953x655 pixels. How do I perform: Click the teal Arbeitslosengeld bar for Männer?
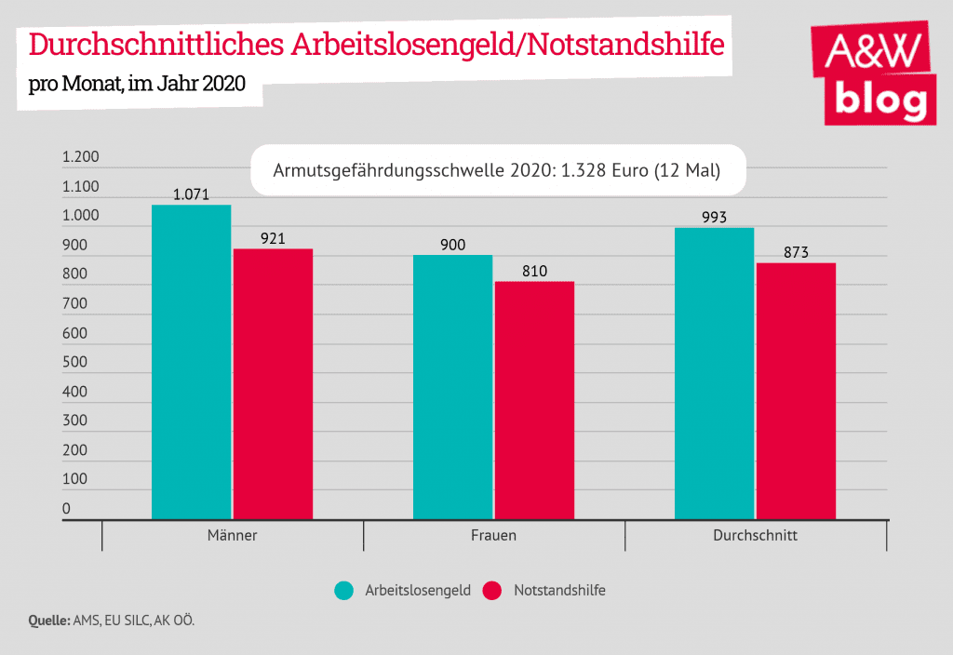(x=192, y=362)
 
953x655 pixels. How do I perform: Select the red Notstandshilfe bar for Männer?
(x=273, y=384)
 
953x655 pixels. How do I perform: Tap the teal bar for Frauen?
(x=453, y=387)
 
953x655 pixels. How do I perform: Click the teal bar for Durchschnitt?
(x=714, y=373)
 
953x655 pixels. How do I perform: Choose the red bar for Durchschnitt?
(x=796, y=391)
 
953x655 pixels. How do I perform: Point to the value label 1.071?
(x=192, y=195)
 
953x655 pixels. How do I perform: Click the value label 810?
(x=534, y=272)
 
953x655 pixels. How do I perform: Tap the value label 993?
(x=714, y=218)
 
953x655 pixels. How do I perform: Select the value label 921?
(x=273, y=239)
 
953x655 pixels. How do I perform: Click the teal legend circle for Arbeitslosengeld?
(x=345, y=591)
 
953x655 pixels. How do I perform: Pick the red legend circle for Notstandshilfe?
(x=493, y=591)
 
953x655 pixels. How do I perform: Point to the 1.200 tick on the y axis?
(x=80, y=157)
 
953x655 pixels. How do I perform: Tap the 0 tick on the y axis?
(x=66, y=508)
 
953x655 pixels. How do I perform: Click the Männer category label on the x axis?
(x=232, y=536)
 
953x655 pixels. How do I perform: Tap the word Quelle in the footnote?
(x=47, y=621)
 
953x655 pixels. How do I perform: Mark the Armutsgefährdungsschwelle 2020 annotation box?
(x=498, y=170)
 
